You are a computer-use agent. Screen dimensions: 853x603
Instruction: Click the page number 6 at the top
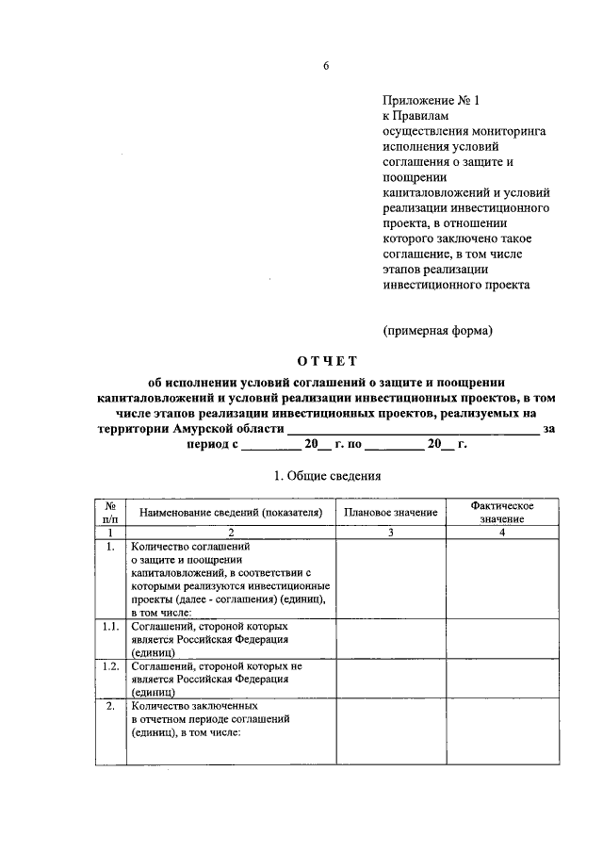[x=326, y=65]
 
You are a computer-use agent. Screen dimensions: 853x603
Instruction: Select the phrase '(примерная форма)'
[x=437, y=330]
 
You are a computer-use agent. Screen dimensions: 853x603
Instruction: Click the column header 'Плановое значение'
[x=390, y=512]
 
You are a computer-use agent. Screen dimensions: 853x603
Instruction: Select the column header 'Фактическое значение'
[x=502, y=512]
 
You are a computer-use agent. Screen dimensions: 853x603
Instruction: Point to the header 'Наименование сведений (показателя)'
[x=231, y=512]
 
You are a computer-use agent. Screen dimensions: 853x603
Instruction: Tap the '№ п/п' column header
[x=110, y=512]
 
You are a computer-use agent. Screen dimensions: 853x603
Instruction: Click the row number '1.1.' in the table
[x=110, y=626]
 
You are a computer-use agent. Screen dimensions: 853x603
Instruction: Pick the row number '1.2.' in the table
[x=110, y=665]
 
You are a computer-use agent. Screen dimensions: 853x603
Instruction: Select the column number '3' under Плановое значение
[x=390, y=533]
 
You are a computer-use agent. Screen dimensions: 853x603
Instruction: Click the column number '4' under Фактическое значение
[x=502, y=533]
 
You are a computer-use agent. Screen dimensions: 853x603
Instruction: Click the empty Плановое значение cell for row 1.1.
[x=390, y=638]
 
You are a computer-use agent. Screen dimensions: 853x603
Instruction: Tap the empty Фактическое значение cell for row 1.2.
[x=502, y=678]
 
